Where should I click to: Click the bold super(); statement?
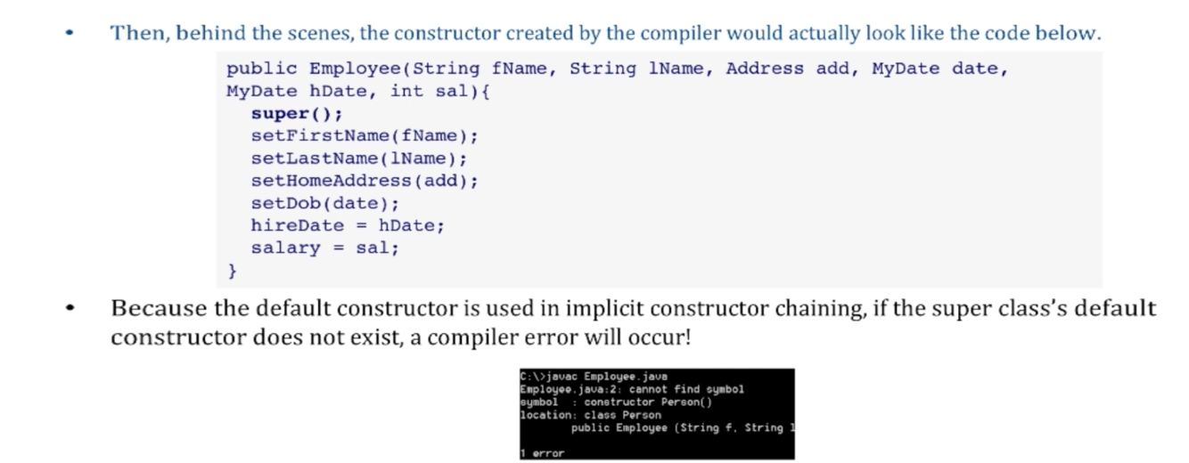297,114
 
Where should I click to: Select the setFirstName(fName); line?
365,136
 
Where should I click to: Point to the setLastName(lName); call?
359,158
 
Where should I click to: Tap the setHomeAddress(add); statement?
365,181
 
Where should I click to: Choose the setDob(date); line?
325,203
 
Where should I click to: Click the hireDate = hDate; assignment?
348,225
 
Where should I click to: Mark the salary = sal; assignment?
325,248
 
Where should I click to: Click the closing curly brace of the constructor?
233,270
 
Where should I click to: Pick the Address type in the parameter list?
766,69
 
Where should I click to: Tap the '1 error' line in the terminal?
543,453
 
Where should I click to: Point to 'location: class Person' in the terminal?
590,415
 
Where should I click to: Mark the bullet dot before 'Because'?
70,310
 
